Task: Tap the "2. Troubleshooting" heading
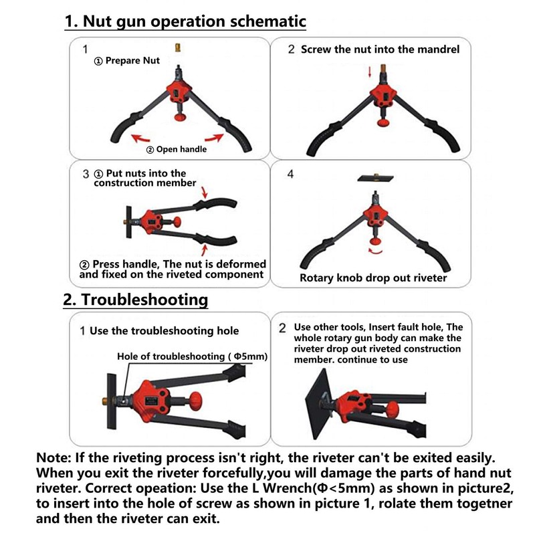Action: pyautogui.click(x=135, y=299)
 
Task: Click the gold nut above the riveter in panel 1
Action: pyautogui.click(x=177, y=47)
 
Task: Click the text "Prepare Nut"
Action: pyautogui.click(x=132, y=61)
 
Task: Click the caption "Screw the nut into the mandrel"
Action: pyautogui.click(x=380, y=49)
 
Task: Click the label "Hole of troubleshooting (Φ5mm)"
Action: pyautogui.click(x=192, y=356)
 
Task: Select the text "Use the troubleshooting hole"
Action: pyautogui.click(x=164, y=330)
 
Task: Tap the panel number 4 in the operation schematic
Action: pyautogui.click(x=290, y=175)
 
